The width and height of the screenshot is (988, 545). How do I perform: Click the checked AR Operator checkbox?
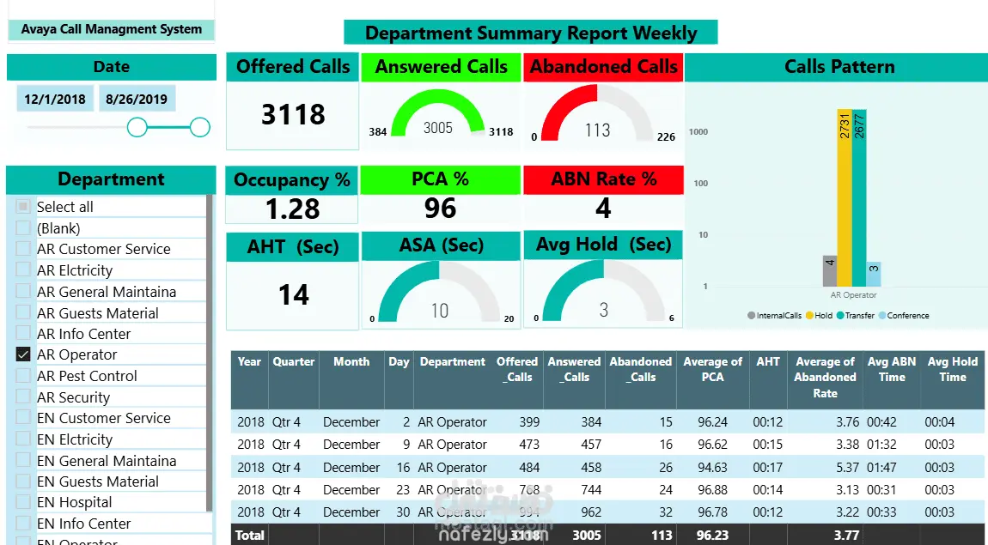23,354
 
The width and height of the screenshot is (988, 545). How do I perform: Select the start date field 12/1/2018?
55,99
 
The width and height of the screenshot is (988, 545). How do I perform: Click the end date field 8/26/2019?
137,99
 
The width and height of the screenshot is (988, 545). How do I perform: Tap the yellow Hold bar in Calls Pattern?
845,197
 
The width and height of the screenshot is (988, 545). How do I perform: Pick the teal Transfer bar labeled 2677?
859,197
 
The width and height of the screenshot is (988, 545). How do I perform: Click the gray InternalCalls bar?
830,271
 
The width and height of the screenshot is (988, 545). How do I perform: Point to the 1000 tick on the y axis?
698,131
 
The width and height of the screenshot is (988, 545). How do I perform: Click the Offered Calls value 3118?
293,114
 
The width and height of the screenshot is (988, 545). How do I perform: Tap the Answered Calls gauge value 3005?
438,128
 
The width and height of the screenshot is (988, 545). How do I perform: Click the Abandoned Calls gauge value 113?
598,130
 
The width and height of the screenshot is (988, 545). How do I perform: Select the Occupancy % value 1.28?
292,209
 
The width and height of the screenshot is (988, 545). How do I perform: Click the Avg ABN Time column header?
892,369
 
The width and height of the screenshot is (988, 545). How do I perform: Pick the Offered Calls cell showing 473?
529,445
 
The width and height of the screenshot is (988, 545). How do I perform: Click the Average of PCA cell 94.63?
712,468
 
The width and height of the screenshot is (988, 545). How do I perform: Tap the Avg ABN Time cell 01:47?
881,468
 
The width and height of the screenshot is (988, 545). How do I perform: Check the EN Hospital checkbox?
23,502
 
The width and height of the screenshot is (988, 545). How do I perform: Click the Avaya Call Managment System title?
112,29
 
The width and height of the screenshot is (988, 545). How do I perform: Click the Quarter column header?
294,362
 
